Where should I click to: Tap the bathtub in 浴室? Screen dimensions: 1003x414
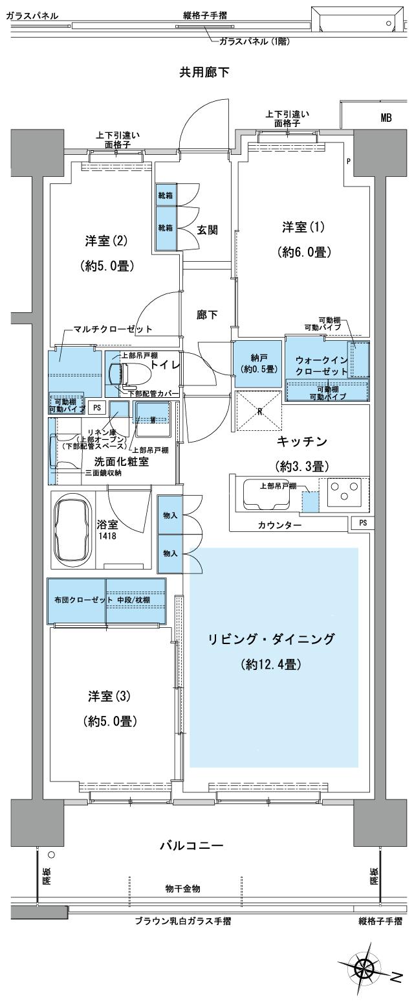click(x=74, y=525)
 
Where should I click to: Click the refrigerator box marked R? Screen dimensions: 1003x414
click(x=259, y=411)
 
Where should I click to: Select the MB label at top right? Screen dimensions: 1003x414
click(x=386, y=118)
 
